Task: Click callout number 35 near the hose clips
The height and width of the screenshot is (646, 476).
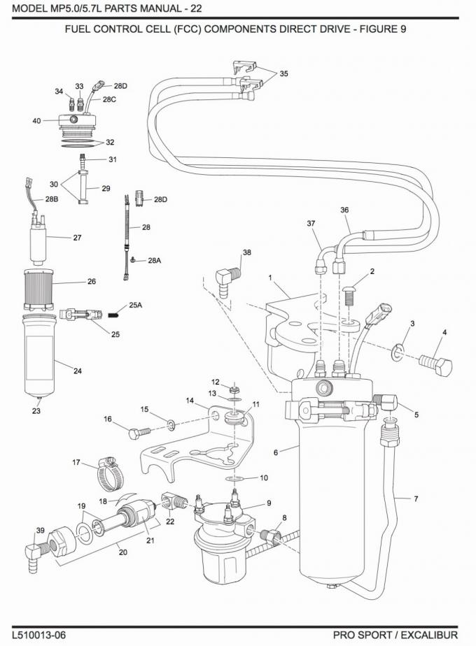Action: (283, 73)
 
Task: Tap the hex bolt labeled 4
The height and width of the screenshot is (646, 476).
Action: (436, 365)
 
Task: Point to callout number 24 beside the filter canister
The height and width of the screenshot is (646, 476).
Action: (78, 371)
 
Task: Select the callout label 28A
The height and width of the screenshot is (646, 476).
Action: (154, 260)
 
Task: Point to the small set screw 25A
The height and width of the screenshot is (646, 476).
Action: (113, 315)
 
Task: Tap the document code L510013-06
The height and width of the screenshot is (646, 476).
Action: (38, 635)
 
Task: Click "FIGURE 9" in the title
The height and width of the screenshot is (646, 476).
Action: (383, 29)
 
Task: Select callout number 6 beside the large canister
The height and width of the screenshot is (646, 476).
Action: (276, 452)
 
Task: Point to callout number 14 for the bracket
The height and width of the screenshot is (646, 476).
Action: (190, 401)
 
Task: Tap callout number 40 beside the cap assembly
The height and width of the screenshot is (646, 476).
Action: (36, 121)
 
